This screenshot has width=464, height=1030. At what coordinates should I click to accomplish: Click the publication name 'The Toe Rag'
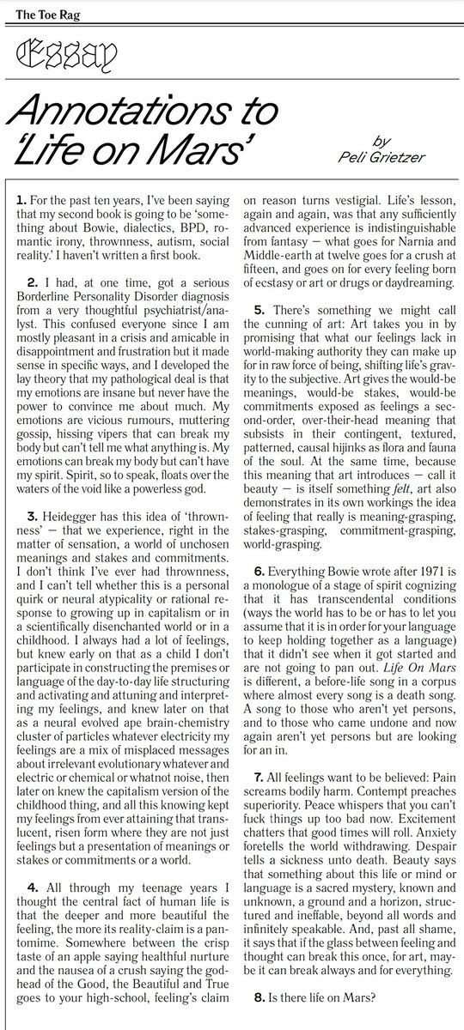pyautogui.click(x=34, y=11)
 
